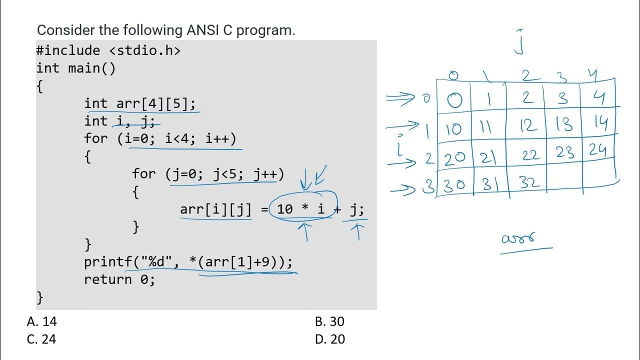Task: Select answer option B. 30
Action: tap(329, 321)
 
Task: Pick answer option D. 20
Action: tap(330, 339)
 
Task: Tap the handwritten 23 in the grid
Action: tap(565, 152)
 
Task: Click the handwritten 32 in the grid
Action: tap(529, 183)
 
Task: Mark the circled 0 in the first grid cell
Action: tap(454, 100)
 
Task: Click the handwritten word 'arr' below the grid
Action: tap(518, 238)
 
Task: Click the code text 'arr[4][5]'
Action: tap(156, 103)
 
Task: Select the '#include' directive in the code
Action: tap(68, 50)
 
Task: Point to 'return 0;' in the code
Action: tap(119, 279)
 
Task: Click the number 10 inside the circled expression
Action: tap(284, 209)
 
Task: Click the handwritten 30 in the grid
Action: tap(454, 184)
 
